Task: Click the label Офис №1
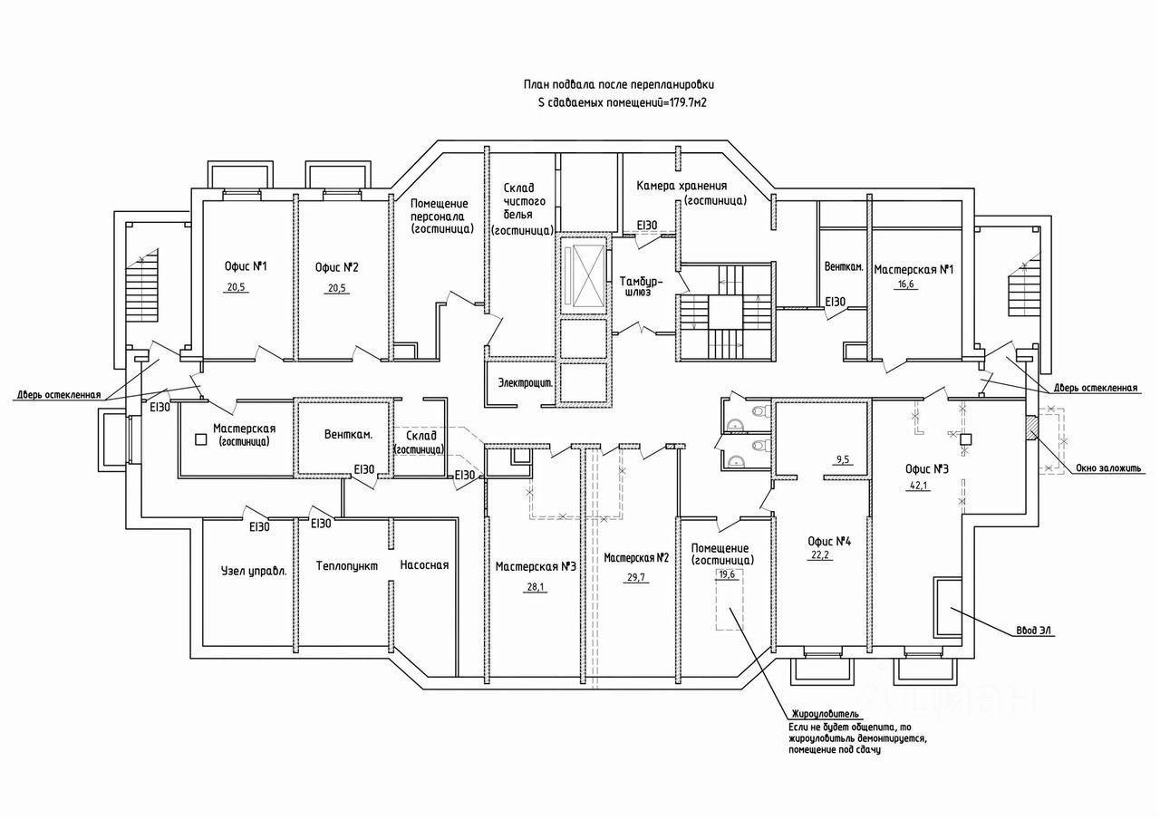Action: (245, 267)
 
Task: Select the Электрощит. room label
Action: (526, 383)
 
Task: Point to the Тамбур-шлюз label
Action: (644, 287)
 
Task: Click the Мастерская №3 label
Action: (536, 567)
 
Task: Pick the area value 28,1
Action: (536, 586)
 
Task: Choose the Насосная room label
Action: (424, 565)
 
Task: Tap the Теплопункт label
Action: (341, 565)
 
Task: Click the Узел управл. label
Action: (254, 572)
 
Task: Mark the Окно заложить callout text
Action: (1109, 468)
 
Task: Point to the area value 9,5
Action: (843, 459)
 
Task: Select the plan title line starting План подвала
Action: (624, 84)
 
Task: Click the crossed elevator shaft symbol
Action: (582, 274)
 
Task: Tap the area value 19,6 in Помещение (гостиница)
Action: (728, 573)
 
